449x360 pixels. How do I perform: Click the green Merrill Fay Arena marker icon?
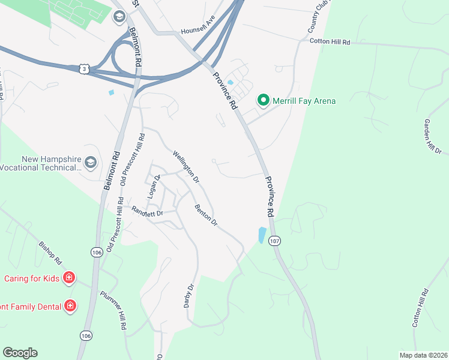click(263, 101)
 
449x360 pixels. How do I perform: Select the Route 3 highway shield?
click(83, 70)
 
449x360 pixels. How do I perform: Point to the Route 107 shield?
click(276, 241)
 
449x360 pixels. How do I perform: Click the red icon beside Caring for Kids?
click(69, 278)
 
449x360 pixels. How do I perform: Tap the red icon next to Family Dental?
click(70, 306)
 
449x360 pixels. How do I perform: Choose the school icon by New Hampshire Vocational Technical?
click(90, 163)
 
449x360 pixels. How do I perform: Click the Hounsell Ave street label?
click(198, 28)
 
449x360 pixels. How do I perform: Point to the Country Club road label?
click(316, 21)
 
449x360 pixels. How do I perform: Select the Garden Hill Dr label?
click(432, 134)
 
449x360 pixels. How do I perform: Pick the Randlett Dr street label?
click(147, 211)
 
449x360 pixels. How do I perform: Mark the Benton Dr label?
click(205, 215)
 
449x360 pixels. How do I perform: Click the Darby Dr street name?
click(189, 296)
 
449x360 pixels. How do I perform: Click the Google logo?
click(20, 353)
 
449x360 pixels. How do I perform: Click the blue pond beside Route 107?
click(262, 235)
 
